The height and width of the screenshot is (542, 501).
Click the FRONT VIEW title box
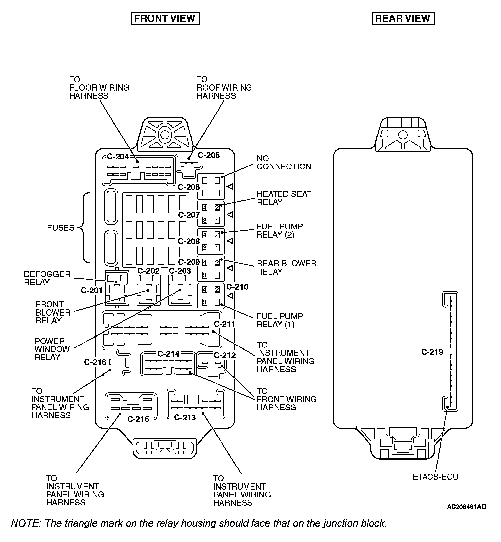tap(165, 18)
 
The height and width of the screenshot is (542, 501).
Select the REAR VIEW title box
tap(403, 18)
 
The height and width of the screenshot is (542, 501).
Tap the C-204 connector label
tap(118, 156)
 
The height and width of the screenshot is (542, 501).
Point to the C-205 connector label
tap(209, 155)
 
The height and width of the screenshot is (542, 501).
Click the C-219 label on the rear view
tap(432, 352)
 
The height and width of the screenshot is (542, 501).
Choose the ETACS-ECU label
tap(435, 477)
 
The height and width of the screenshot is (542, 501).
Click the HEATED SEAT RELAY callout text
tap(284, 198)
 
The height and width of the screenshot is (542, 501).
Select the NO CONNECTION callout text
tap(284, 163)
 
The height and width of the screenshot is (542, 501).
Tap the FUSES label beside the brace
tap(61, 228)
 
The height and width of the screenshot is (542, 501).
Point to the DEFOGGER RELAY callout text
tap(47, 278)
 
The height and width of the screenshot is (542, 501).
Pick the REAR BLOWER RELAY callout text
tap(286, 268)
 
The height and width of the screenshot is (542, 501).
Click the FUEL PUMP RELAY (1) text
tap(280, 320)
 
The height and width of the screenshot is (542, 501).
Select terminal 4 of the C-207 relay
tap(205, 208)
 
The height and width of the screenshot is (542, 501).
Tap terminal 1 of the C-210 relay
tap(217, 302)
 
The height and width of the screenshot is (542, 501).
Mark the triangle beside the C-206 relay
tap(230, 186)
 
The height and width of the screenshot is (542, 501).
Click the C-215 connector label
tap(138, 419)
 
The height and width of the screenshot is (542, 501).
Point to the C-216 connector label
tap(95, 362)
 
